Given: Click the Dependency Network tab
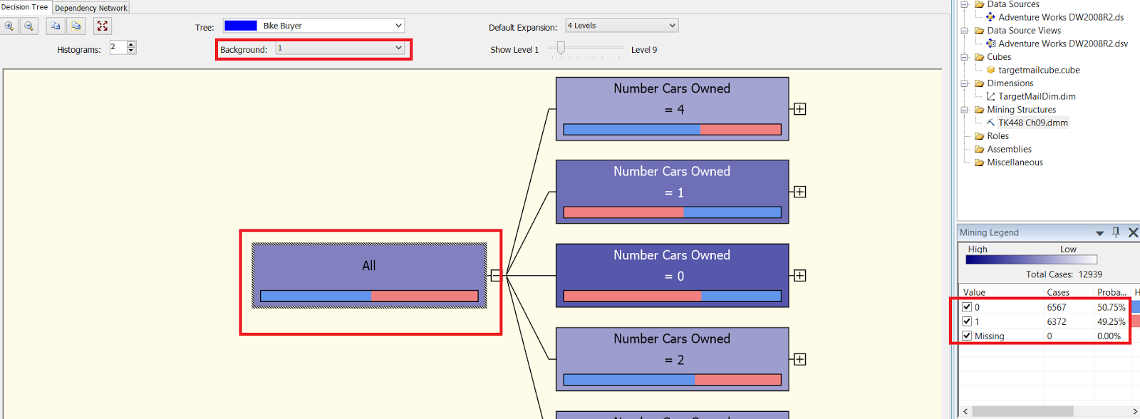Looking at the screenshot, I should point(90,8).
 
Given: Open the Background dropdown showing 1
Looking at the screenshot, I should point(398,48).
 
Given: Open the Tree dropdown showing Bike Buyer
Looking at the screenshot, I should point(398,26).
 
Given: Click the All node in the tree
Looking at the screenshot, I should point(369,275).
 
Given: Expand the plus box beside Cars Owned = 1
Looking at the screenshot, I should point(800,192).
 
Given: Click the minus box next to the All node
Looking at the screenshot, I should point(496,276).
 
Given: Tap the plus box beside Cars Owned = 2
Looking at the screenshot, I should point(800,359).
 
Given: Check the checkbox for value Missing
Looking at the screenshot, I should point(967,336).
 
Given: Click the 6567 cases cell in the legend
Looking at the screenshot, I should point(1057,307).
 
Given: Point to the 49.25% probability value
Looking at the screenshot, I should point(1111,321).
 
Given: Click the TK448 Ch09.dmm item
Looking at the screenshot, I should point(1032,123).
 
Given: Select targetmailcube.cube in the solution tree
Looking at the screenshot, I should point(1039,70).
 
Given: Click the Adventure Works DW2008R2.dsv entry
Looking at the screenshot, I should point(1062,43).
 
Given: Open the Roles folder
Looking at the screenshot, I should point(997,136).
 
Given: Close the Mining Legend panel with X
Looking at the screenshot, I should point(1133,232).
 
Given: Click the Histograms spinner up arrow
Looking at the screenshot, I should point(131,44).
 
